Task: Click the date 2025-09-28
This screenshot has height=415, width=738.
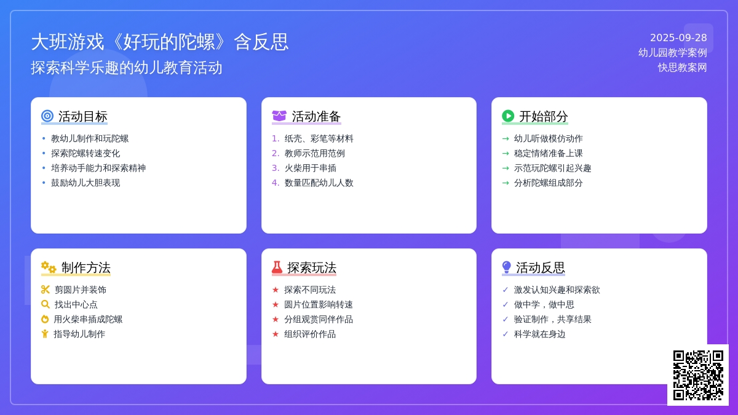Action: coord(678,38)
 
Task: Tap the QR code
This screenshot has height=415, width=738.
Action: coord(698,375)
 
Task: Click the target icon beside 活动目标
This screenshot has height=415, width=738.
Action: coord(47,116)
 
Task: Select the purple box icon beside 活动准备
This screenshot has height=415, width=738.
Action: coord(279,116)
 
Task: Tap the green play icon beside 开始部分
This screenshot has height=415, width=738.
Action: coord(508,116)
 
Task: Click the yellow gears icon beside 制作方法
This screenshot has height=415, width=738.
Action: coord(49,267)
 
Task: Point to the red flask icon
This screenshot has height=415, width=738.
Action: coord(277,267)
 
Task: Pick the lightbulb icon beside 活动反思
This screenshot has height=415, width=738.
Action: coord(506,267)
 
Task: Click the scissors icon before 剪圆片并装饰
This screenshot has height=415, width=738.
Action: coord(46,290)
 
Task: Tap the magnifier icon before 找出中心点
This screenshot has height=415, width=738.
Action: coord(46,304)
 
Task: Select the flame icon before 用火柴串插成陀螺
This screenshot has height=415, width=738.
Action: coord(45,319)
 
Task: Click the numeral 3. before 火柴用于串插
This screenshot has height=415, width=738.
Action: coord(276,168)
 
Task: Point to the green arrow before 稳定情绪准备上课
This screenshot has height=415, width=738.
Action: coord(506,153)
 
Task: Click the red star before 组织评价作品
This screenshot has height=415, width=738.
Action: coord(276,334)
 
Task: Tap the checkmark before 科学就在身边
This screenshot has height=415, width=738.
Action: coord(506,334)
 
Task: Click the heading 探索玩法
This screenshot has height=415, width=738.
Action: coord(312,267)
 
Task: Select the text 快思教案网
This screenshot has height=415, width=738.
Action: coord(682,68)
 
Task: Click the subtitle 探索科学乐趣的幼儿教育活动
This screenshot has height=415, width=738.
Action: coord(127,68)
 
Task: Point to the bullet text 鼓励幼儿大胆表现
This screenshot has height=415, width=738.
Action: coord(85,183)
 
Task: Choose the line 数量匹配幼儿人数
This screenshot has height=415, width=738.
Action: coord(319,183)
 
